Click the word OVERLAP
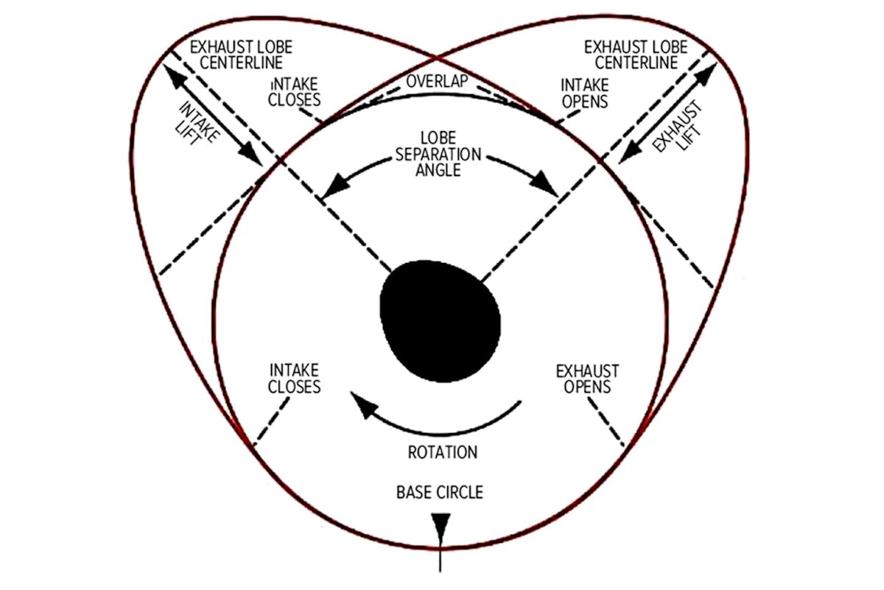[x=438, y=80]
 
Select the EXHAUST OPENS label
[x=587, y=378]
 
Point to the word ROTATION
[x=442, y=452]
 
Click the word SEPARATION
[x=439, y=155]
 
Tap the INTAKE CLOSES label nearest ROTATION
[x=295, y=378]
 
